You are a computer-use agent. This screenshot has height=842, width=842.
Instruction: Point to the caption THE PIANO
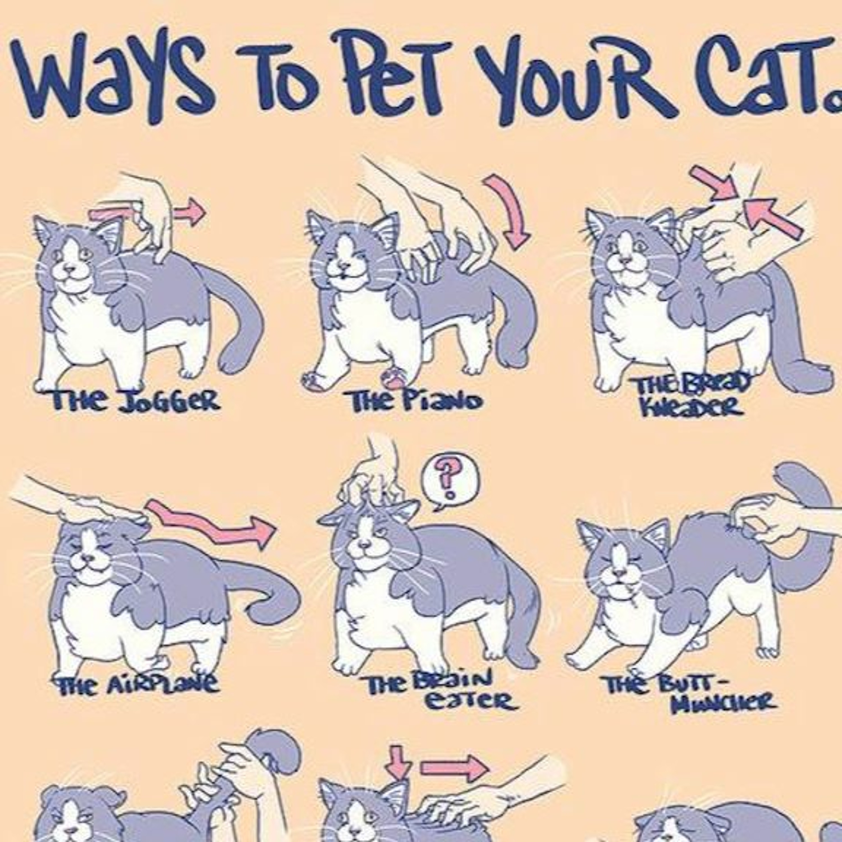414,401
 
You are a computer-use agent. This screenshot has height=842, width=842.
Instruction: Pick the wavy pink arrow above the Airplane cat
209,523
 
